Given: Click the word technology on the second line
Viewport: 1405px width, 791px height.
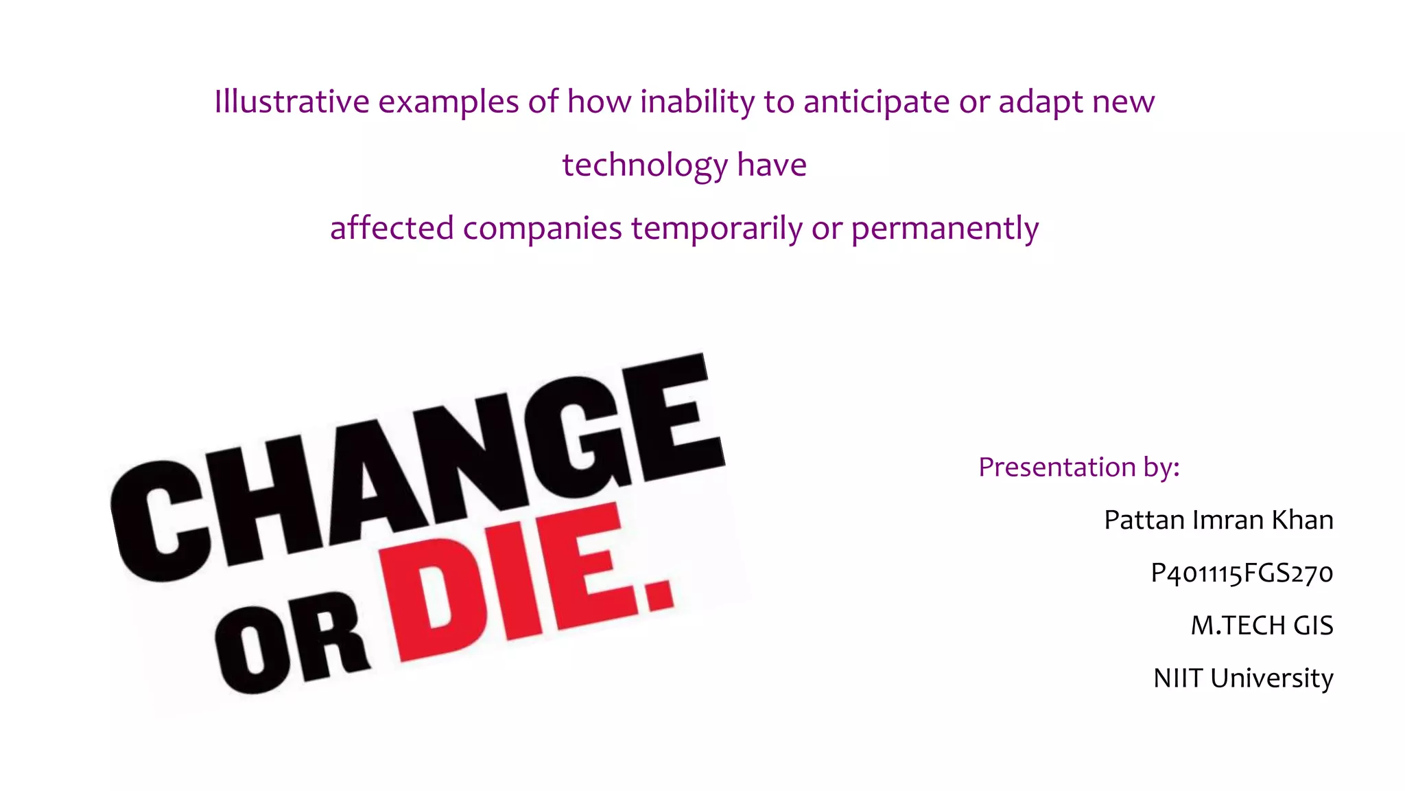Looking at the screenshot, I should pyautogui.click(x=645, y=165).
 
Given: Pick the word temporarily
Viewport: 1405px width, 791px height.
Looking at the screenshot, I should pyautogui.click(x=716, y=228).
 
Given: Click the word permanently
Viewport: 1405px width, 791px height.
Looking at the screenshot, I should pyautogui.click(x=945, y=228).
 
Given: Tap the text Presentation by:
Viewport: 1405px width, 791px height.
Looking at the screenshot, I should pyautogui.click(x=1078, y=467).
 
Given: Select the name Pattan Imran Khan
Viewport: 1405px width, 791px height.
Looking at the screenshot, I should pyautogui.click(x=1218, y=520).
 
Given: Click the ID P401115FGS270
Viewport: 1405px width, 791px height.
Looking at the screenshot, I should pyautogui.click(x=1241, y=573).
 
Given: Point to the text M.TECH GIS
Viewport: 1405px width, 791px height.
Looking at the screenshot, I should pyautogui.click(x=1262, y=626).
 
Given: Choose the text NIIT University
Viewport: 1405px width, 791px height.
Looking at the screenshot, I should pyautogui.click(x=1243, y=678).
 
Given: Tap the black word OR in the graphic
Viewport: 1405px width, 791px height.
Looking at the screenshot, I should pyautogui.click(x=292, y=645).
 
